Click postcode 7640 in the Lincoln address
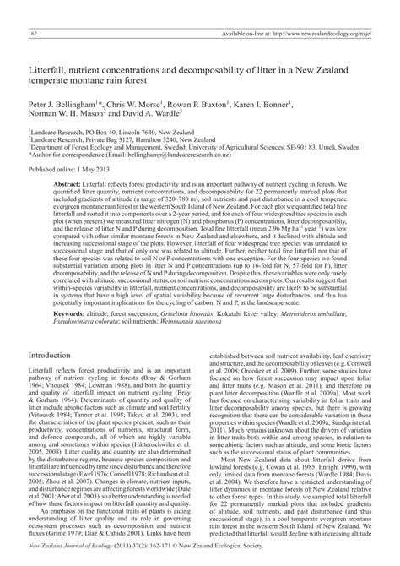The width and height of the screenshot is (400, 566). point(137,133)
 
